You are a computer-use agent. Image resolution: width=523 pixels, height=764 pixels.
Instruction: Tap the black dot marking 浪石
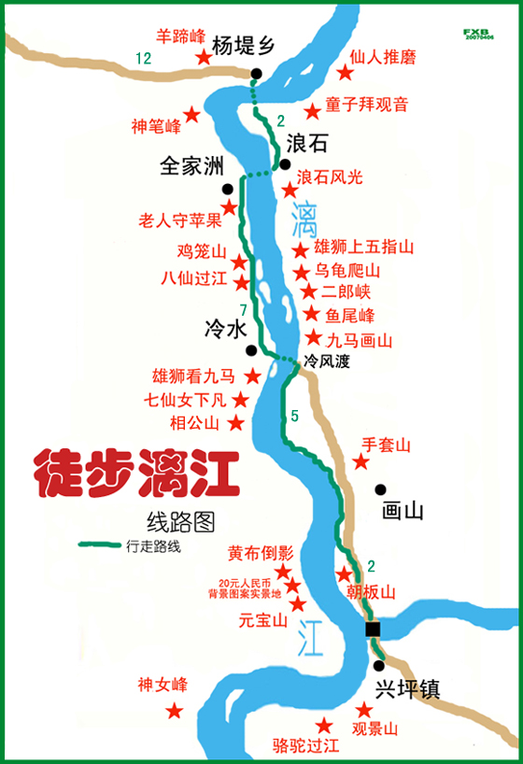(285, 164)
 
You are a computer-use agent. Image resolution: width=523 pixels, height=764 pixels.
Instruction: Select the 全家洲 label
(192, 165)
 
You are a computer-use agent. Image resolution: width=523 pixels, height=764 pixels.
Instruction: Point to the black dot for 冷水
(250, 350)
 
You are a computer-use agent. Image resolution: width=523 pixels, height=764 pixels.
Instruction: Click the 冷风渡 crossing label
(327, 361)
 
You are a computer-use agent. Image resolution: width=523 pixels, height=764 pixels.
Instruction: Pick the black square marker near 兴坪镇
(373, 629)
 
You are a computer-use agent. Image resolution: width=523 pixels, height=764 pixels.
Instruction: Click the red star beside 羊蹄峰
(203, 58)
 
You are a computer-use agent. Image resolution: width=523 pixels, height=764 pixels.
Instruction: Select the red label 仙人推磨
(384, 57)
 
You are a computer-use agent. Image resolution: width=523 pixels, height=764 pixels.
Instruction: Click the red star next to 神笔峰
(191, 114)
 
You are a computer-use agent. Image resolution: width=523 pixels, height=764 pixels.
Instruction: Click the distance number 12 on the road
(142, 59)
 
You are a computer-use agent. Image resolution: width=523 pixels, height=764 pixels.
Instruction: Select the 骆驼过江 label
(304, 744)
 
